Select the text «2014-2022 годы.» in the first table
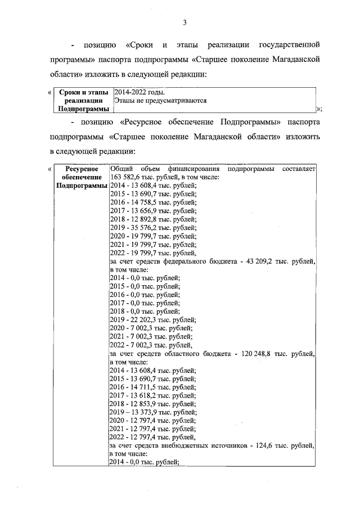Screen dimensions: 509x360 140,92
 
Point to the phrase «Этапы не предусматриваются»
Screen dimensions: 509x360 160,101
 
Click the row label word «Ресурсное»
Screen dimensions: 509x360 82,169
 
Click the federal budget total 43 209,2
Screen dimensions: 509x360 263,262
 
